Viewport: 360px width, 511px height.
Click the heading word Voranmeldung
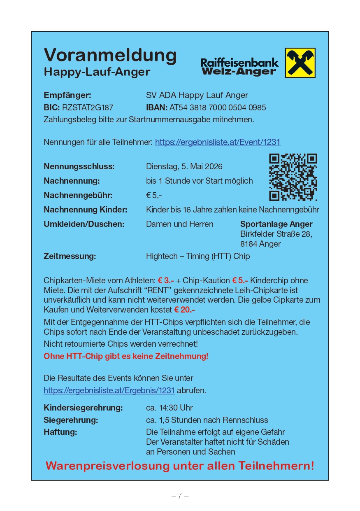[110, 55]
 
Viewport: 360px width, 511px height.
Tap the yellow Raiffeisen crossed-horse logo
[300, 63]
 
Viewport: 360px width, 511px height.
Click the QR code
[293, 177]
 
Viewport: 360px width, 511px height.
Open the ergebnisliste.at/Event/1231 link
[218, 142]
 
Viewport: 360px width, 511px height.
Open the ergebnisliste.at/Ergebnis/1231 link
[109, 390]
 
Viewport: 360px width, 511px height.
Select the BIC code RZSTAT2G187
[88, 107]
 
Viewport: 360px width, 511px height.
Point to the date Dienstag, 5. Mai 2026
[184, 167]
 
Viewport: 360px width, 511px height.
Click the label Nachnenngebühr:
[78, 195]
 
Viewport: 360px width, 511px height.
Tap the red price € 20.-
[184, 310]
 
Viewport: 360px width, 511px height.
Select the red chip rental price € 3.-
[166, 281]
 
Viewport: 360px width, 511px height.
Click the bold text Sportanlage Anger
[276, 224]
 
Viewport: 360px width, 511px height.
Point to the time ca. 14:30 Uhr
[169, 408]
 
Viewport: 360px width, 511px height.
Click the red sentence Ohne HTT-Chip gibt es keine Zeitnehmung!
[126, 357]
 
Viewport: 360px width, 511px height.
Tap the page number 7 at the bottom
[180, 496]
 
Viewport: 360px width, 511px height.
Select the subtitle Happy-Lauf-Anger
[97, 72]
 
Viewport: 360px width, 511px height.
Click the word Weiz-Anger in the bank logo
[239, 72]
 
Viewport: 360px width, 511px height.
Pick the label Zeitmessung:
[70, 256]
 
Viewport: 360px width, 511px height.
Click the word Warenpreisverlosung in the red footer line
[107, 466]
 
